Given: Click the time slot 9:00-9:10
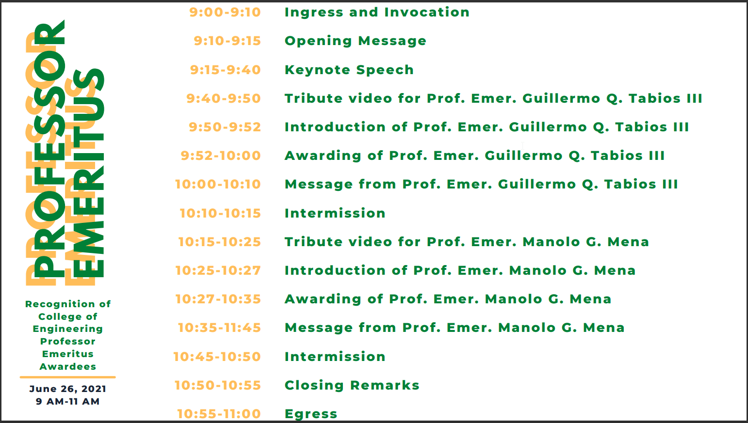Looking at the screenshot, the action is click(x=225, y=12).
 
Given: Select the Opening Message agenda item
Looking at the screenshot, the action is click(x=356, y=41).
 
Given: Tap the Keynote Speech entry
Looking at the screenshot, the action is click(x=349, y=70).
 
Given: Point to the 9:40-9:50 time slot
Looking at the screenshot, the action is click(x=224, y=98).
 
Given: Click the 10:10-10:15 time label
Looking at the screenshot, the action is click(x=220, y=213).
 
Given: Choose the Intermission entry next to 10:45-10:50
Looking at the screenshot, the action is click(x=335, y=357).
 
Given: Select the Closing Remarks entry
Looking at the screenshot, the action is click(x=352, y=385).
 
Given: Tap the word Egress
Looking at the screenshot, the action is click(x=311, y=414).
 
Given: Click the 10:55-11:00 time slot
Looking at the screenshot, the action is click(x=219, y=414).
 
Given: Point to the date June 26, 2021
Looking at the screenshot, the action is click(x=68, y=389).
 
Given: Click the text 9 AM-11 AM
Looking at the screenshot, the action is click(x=68, y=401).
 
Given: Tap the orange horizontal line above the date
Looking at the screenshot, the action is click(x=68, y=377).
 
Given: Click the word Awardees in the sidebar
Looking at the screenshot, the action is click(x=68, y=367).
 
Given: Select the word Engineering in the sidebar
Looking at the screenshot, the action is click(x=68, y=329).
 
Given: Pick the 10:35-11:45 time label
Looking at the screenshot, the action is click(x=219, y=328).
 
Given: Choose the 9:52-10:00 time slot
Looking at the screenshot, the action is click(x=221, y=156).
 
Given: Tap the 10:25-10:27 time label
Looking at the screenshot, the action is click(x=218, y=270).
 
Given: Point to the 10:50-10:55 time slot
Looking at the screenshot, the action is click(x=218, y=385).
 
